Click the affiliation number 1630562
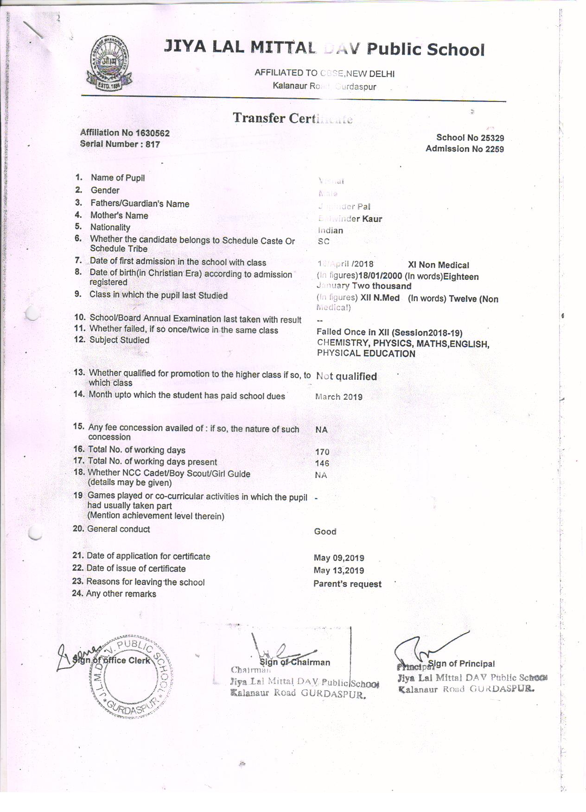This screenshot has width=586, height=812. click(152, 133)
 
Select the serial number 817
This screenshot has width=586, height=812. click(153, 145)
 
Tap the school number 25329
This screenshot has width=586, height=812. click(491, 138)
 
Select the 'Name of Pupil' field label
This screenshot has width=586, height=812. click(118, 178)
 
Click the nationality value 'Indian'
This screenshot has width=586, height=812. click(331, 231)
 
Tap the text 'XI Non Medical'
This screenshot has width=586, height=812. click(438, 265)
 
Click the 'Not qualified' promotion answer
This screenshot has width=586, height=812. click(346, 377)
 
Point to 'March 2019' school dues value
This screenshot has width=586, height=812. click(339, 397)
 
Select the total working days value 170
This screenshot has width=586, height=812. click(322, 452)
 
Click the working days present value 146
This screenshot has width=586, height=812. click(322, 463)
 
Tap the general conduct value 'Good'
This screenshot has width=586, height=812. click(325, 532)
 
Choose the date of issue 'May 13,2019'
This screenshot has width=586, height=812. click(339, 571)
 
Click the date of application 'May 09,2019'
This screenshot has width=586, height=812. click(339, 558)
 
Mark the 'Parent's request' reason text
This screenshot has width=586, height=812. click(347, 584)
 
